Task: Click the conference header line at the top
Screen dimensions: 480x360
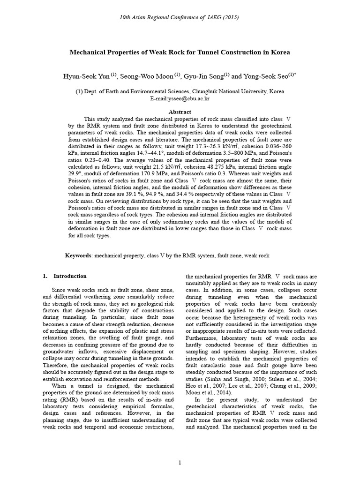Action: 180,17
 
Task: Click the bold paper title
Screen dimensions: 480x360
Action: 180,52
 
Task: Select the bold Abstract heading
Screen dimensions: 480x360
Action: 180,112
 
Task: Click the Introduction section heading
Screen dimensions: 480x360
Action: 70,276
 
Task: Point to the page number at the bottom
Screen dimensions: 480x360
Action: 180,463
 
